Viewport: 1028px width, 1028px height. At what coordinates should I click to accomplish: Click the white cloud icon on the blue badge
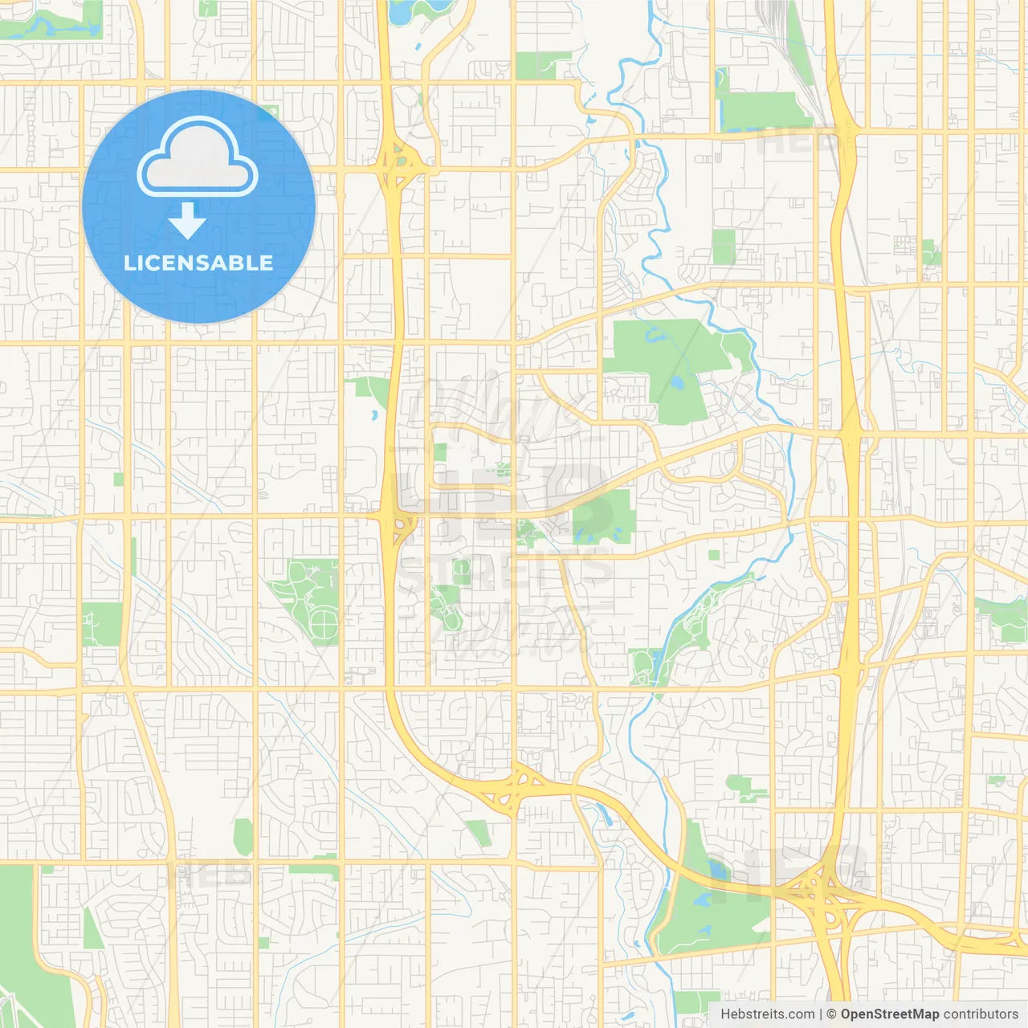point(198,157)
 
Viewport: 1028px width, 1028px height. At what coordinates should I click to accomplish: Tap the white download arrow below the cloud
point(187,221)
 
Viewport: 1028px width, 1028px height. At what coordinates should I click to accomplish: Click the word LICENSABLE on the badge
point(198,263)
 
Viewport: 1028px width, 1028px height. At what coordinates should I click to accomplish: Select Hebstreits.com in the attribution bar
point(767,1014)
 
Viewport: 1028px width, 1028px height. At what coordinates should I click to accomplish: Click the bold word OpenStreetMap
point(890,1014)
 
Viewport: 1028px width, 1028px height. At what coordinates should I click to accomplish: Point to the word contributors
point(981,1014)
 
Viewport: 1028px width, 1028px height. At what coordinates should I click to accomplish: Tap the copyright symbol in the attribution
point(832,1014)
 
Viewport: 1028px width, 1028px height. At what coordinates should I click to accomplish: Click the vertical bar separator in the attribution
point(821,1014)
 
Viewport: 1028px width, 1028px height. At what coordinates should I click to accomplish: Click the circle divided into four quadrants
point(324,622)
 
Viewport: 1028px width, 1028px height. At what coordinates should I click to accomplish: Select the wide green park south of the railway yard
point(759,111)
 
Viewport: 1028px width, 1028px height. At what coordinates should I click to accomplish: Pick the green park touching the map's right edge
point(1004,618)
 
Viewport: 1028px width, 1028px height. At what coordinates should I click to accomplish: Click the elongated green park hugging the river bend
point(699,618)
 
